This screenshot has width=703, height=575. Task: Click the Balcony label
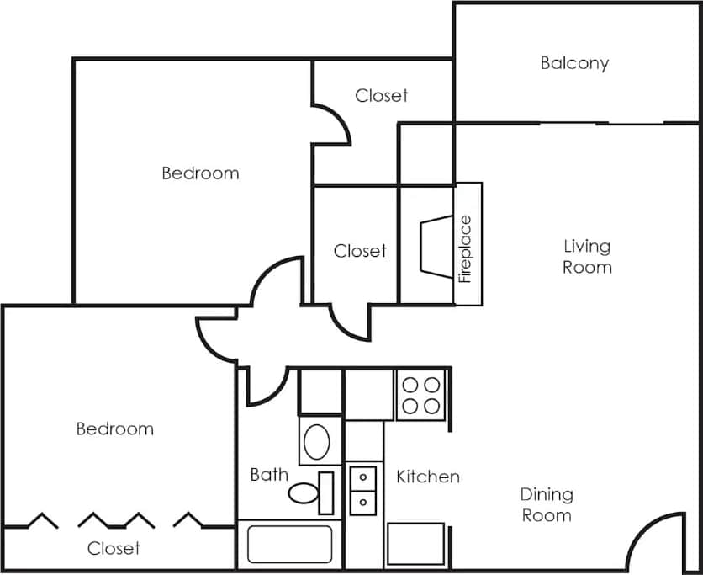pyautogui.click(x=574, y=63)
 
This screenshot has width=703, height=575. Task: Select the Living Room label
pyautogui.click(x=587, y=257)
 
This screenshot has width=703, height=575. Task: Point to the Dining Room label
pyautogui.click(x=547, y=504)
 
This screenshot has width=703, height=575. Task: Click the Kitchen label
pyautogui.click(x=428, y=477)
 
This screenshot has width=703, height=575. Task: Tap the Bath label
pyautogui.click(x=269, y=475)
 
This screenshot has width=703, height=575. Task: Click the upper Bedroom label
pyautogui.click(x=200, y=173)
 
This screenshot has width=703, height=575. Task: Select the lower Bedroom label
pyautogui.click(x=115, y=429)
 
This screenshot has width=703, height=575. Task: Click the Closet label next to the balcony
pyautogui.click(x=382, y=96)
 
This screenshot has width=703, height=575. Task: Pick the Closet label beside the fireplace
pyautogui.click(x=360, y=251)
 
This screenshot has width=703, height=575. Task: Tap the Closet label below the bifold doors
pyautogui.click(x=114, y=549)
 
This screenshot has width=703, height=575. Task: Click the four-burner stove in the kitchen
pyautogui.click(x=420, y=395)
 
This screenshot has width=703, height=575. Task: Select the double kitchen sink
pyautogui.click(x=363, y=489)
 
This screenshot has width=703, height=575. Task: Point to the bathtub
pyautogui.click(x=289, y=546)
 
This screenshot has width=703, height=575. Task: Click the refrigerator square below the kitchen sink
pyautogui.click(x=415, y=544)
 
